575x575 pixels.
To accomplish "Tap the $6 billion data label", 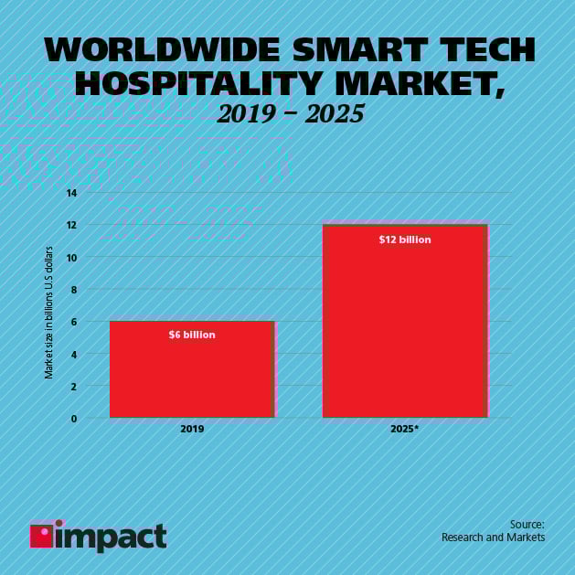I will (x=192, y=335).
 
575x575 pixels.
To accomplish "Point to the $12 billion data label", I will (x=404, y=240).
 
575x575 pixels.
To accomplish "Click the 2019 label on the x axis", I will (x=192, y=428).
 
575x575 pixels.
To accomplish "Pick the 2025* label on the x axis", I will (x=404, y=428).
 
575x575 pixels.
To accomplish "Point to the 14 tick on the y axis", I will (x=71, y=193).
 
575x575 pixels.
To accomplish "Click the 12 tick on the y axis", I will (x=71, y=225).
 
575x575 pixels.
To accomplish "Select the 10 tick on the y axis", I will (x=71, y=258).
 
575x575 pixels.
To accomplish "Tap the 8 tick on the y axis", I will (x=73, y=290).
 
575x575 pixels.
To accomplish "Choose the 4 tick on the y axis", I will (x=73, y=355).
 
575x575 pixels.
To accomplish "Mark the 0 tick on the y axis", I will (x=73, y=419).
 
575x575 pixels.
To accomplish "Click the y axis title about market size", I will (x=49, y=312).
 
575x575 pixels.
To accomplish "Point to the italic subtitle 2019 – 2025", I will (x=291, y=113).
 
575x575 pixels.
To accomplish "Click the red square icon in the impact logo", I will (x=41, y=536).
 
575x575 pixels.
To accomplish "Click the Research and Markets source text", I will (x=493, y=538).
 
